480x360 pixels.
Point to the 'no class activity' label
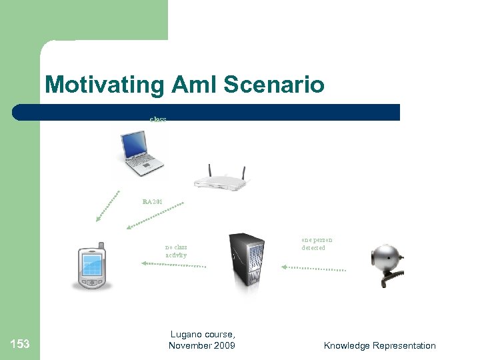(176, 251)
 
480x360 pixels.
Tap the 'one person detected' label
(317, 243)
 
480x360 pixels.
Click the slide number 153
(20, 344)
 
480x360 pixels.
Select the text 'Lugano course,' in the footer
(203, 335)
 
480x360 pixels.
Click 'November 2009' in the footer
(202, 345)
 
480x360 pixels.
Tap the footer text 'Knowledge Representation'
(379, 345)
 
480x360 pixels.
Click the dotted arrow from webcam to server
(313, 269)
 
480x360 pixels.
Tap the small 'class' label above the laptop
(158, 119)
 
